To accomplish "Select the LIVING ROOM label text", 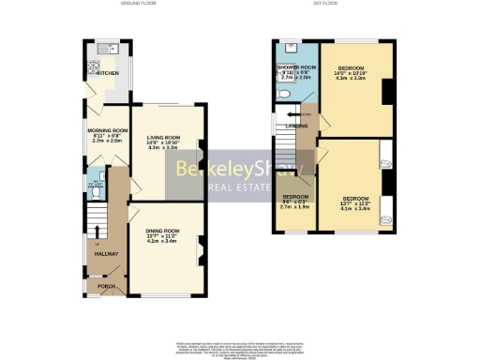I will click(x=164, y=137).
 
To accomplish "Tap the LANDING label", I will click(x=284, y=125).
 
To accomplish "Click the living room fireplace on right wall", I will click(x=202, y=146).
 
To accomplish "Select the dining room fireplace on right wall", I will click(x=202, y=246).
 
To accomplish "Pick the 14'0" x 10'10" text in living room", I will click(x=164, y=142).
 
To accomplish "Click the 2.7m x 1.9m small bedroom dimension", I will click(x=296, y=206).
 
